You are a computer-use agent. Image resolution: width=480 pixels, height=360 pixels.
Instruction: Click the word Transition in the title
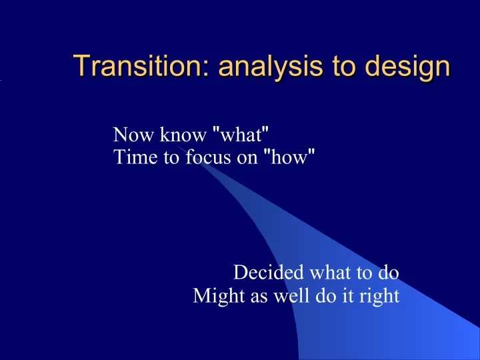[137, 65]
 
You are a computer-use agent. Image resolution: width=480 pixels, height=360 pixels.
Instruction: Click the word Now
[133, 135]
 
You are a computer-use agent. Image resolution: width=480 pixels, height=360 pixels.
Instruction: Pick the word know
[183, 134]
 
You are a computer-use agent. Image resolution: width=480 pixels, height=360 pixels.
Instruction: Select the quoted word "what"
[241, 134]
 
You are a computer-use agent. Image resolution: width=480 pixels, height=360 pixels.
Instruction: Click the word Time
[135, 157]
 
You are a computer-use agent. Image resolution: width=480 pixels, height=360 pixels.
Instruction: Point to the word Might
[219, 296]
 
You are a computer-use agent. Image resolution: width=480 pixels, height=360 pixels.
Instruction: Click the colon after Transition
[205, 69]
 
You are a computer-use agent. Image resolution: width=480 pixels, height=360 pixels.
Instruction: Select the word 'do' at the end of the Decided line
[388, 272]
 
